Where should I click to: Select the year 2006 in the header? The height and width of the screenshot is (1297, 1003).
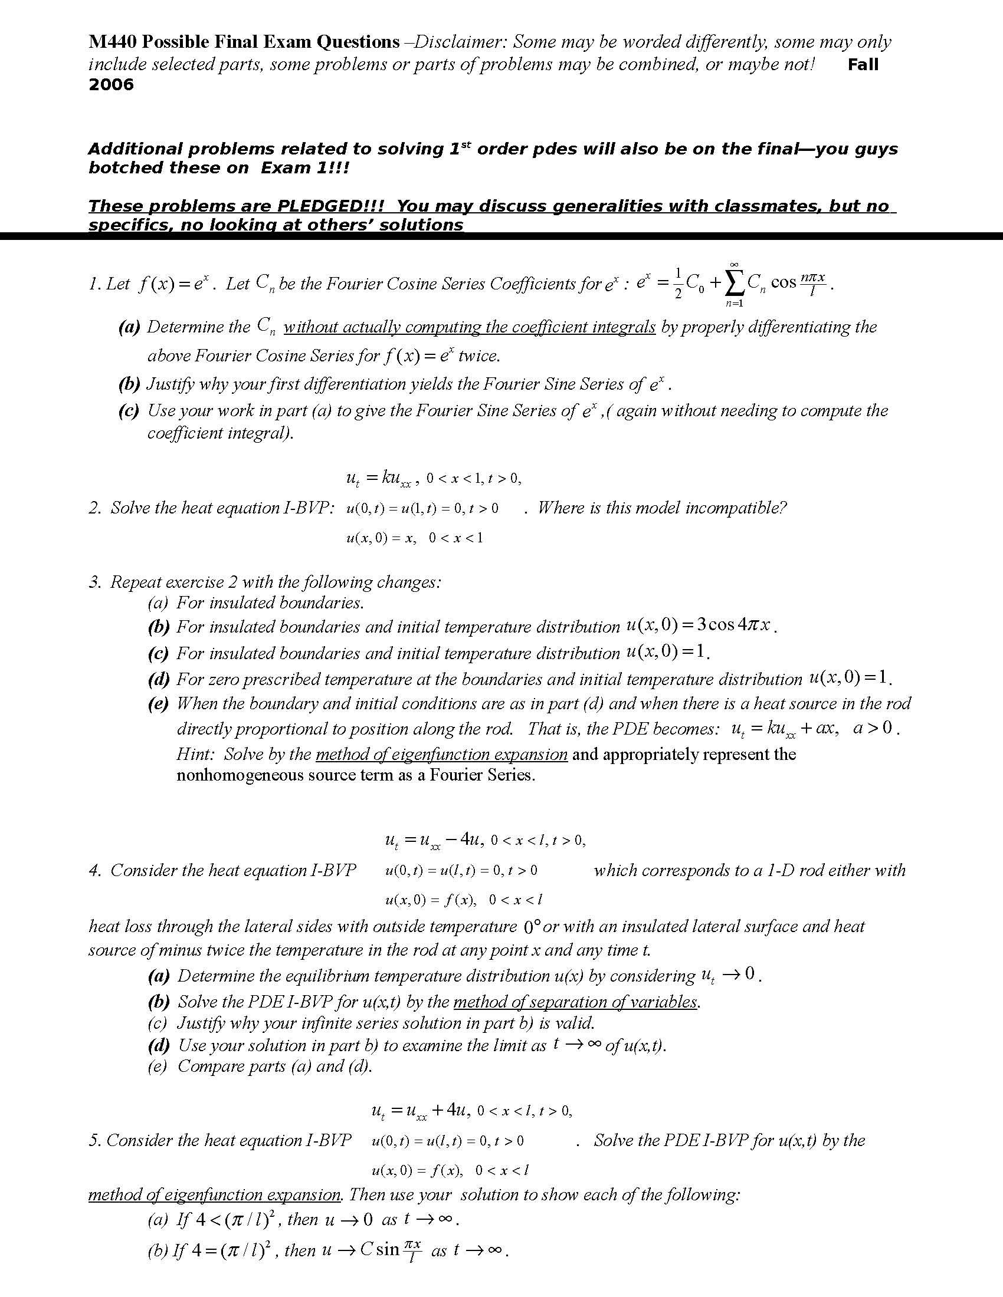pyautogui.click(x=111, y=84)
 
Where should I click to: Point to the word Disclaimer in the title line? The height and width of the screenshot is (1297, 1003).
pyautogui.click(x=460, y=42)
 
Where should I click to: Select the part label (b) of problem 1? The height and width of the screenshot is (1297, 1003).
pyautogui.click(x=129, y=384)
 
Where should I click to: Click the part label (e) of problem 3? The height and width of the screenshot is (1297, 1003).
pyautogui.click(x=158, y=704)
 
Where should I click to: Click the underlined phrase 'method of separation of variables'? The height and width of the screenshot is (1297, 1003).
pyautogui.click(x=575, y=1002)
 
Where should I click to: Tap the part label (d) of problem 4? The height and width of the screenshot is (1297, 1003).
pyautogui.click(x=158, y=1045)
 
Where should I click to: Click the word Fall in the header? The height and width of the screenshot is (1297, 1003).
pyautogui.click(x=863, y=65)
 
